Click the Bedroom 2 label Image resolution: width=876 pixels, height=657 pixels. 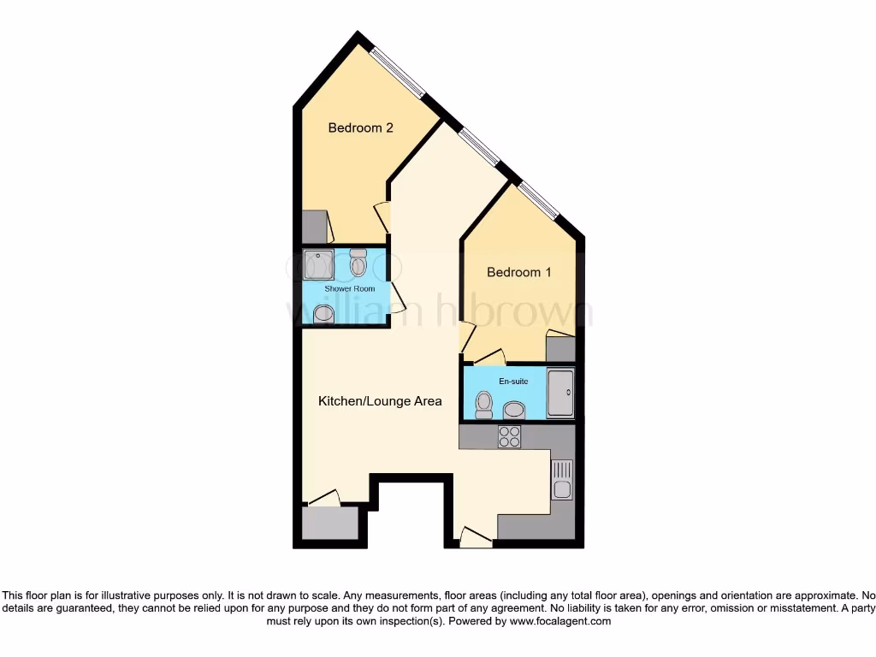point(360,128)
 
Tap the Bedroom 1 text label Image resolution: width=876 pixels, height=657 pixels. point(518,272)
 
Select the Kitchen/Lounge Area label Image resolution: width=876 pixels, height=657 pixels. point(380,400)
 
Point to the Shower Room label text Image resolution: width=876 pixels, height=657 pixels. point(349,289)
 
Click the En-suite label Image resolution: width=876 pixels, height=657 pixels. point(513,381)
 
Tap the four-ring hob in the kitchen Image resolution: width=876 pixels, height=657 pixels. point(510,436)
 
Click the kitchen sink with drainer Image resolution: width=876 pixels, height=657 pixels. point(562,480)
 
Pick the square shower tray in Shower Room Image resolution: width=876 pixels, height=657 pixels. point(318,264)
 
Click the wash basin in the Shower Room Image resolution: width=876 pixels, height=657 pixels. point(323,314)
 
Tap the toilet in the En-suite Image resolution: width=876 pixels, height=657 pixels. point(484,404)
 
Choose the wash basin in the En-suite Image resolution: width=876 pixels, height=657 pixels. point(514,410)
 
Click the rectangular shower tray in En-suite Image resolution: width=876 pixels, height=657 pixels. point(560,393)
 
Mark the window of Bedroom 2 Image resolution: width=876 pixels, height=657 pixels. point(400,71)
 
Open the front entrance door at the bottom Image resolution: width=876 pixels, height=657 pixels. point(475,537)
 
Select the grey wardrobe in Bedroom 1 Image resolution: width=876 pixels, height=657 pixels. point(560,349)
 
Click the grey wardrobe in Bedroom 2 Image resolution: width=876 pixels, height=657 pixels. point(314,227)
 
